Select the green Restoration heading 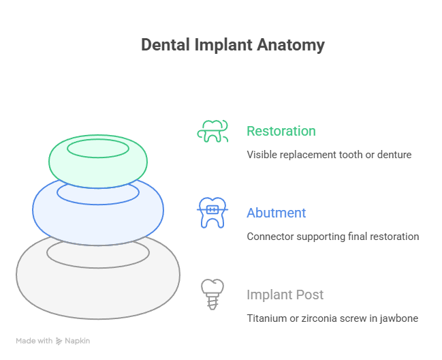click(281, 131)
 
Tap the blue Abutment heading click(276, 213)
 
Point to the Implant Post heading click(285, 295)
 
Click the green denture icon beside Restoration click(212, 131)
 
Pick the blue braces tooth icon click(212, 213)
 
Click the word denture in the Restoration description click(395, 155)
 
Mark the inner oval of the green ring click(98, 148)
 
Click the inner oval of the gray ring click(98, 252)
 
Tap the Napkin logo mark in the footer click(59, 340)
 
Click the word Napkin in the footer click(77, 340)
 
